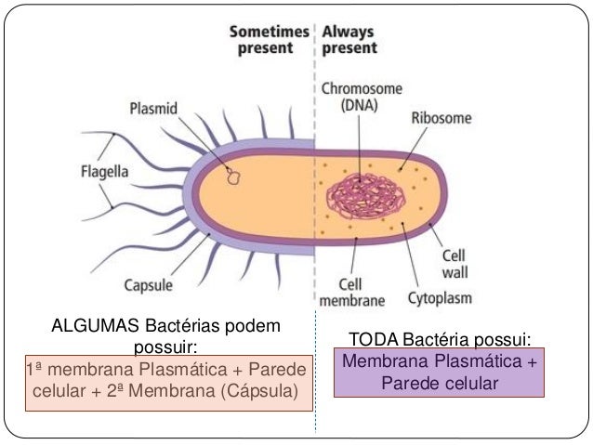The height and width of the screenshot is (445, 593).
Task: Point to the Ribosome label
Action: pos(441,120)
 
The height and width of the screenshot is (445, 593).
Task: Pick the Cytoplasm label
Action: pos(440,299)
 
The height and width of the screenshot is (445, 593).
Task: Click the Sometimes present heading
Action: pos(270,39)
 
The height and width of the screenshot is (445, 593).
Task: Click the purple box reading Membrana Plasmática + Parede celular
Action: pos(440,373)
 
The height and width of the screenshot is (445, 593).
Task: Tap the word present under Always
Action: pos(349,47)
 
